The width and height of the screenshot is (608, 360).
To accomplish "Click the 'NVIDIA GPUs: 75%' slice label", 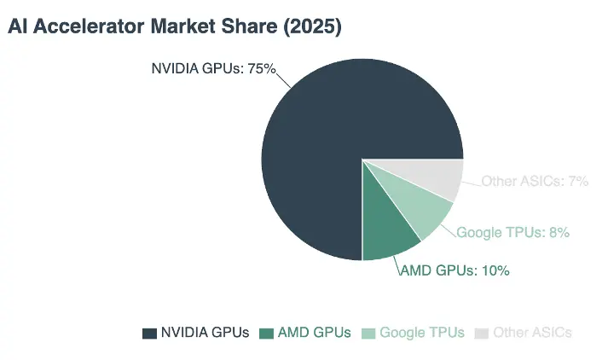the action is coord(213,68).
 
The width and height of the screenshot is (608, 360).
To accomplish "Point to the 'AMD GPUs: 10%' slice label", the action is coord(455,270).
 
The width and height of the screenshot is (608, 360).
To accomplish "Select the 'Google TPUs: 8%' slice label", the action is coord(513,232).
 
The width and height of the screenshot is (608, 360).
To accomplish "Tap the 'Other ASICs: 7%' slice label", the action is coord(535,181).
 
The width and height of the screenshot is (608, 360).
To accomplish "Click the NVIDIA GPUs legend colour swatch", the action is coord(149,334).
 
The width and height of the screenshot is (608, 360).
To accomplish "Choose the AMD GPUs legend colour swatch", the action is coord(266,334).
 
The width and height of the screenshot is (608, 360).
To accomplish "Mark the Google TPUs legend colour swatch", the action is coord(368,334).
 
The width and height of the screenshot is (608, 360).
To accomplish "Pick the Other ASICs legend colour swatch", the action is coord(482,334).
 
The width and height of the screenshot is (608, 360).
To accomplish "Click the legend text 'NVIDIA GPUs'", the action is coord(205,333).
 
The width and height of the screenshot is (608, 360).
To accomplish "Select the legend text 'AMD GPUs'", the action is coord(315,333).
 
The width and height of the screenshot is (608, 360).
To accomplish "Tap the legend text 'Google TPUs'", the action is coord(422,333).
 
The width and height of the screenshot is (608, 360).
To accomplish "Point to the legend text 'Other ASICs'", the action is coord(532,333).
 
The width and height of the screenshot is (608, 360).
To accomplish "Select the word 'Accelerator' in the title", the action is coord(89,26).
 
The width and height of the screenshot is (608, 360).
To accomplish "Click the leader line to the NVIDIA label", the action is coord(283,80).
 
